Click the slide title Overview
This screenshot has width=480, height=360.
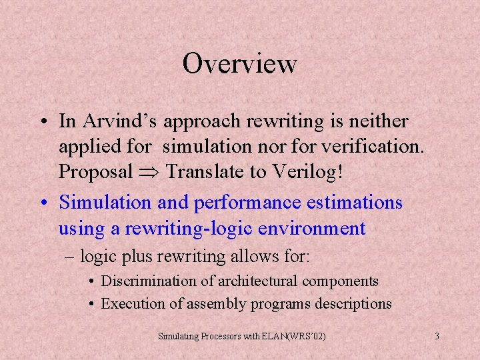point(239,64)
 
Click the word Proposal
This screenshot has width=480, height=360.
point(96,171)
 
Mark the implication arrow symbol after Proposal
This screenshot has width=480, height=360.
point(150,172)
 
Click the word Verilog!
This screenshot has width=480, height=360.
point(306,171)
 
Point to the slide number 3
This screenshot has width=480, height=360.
point(437,336)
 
